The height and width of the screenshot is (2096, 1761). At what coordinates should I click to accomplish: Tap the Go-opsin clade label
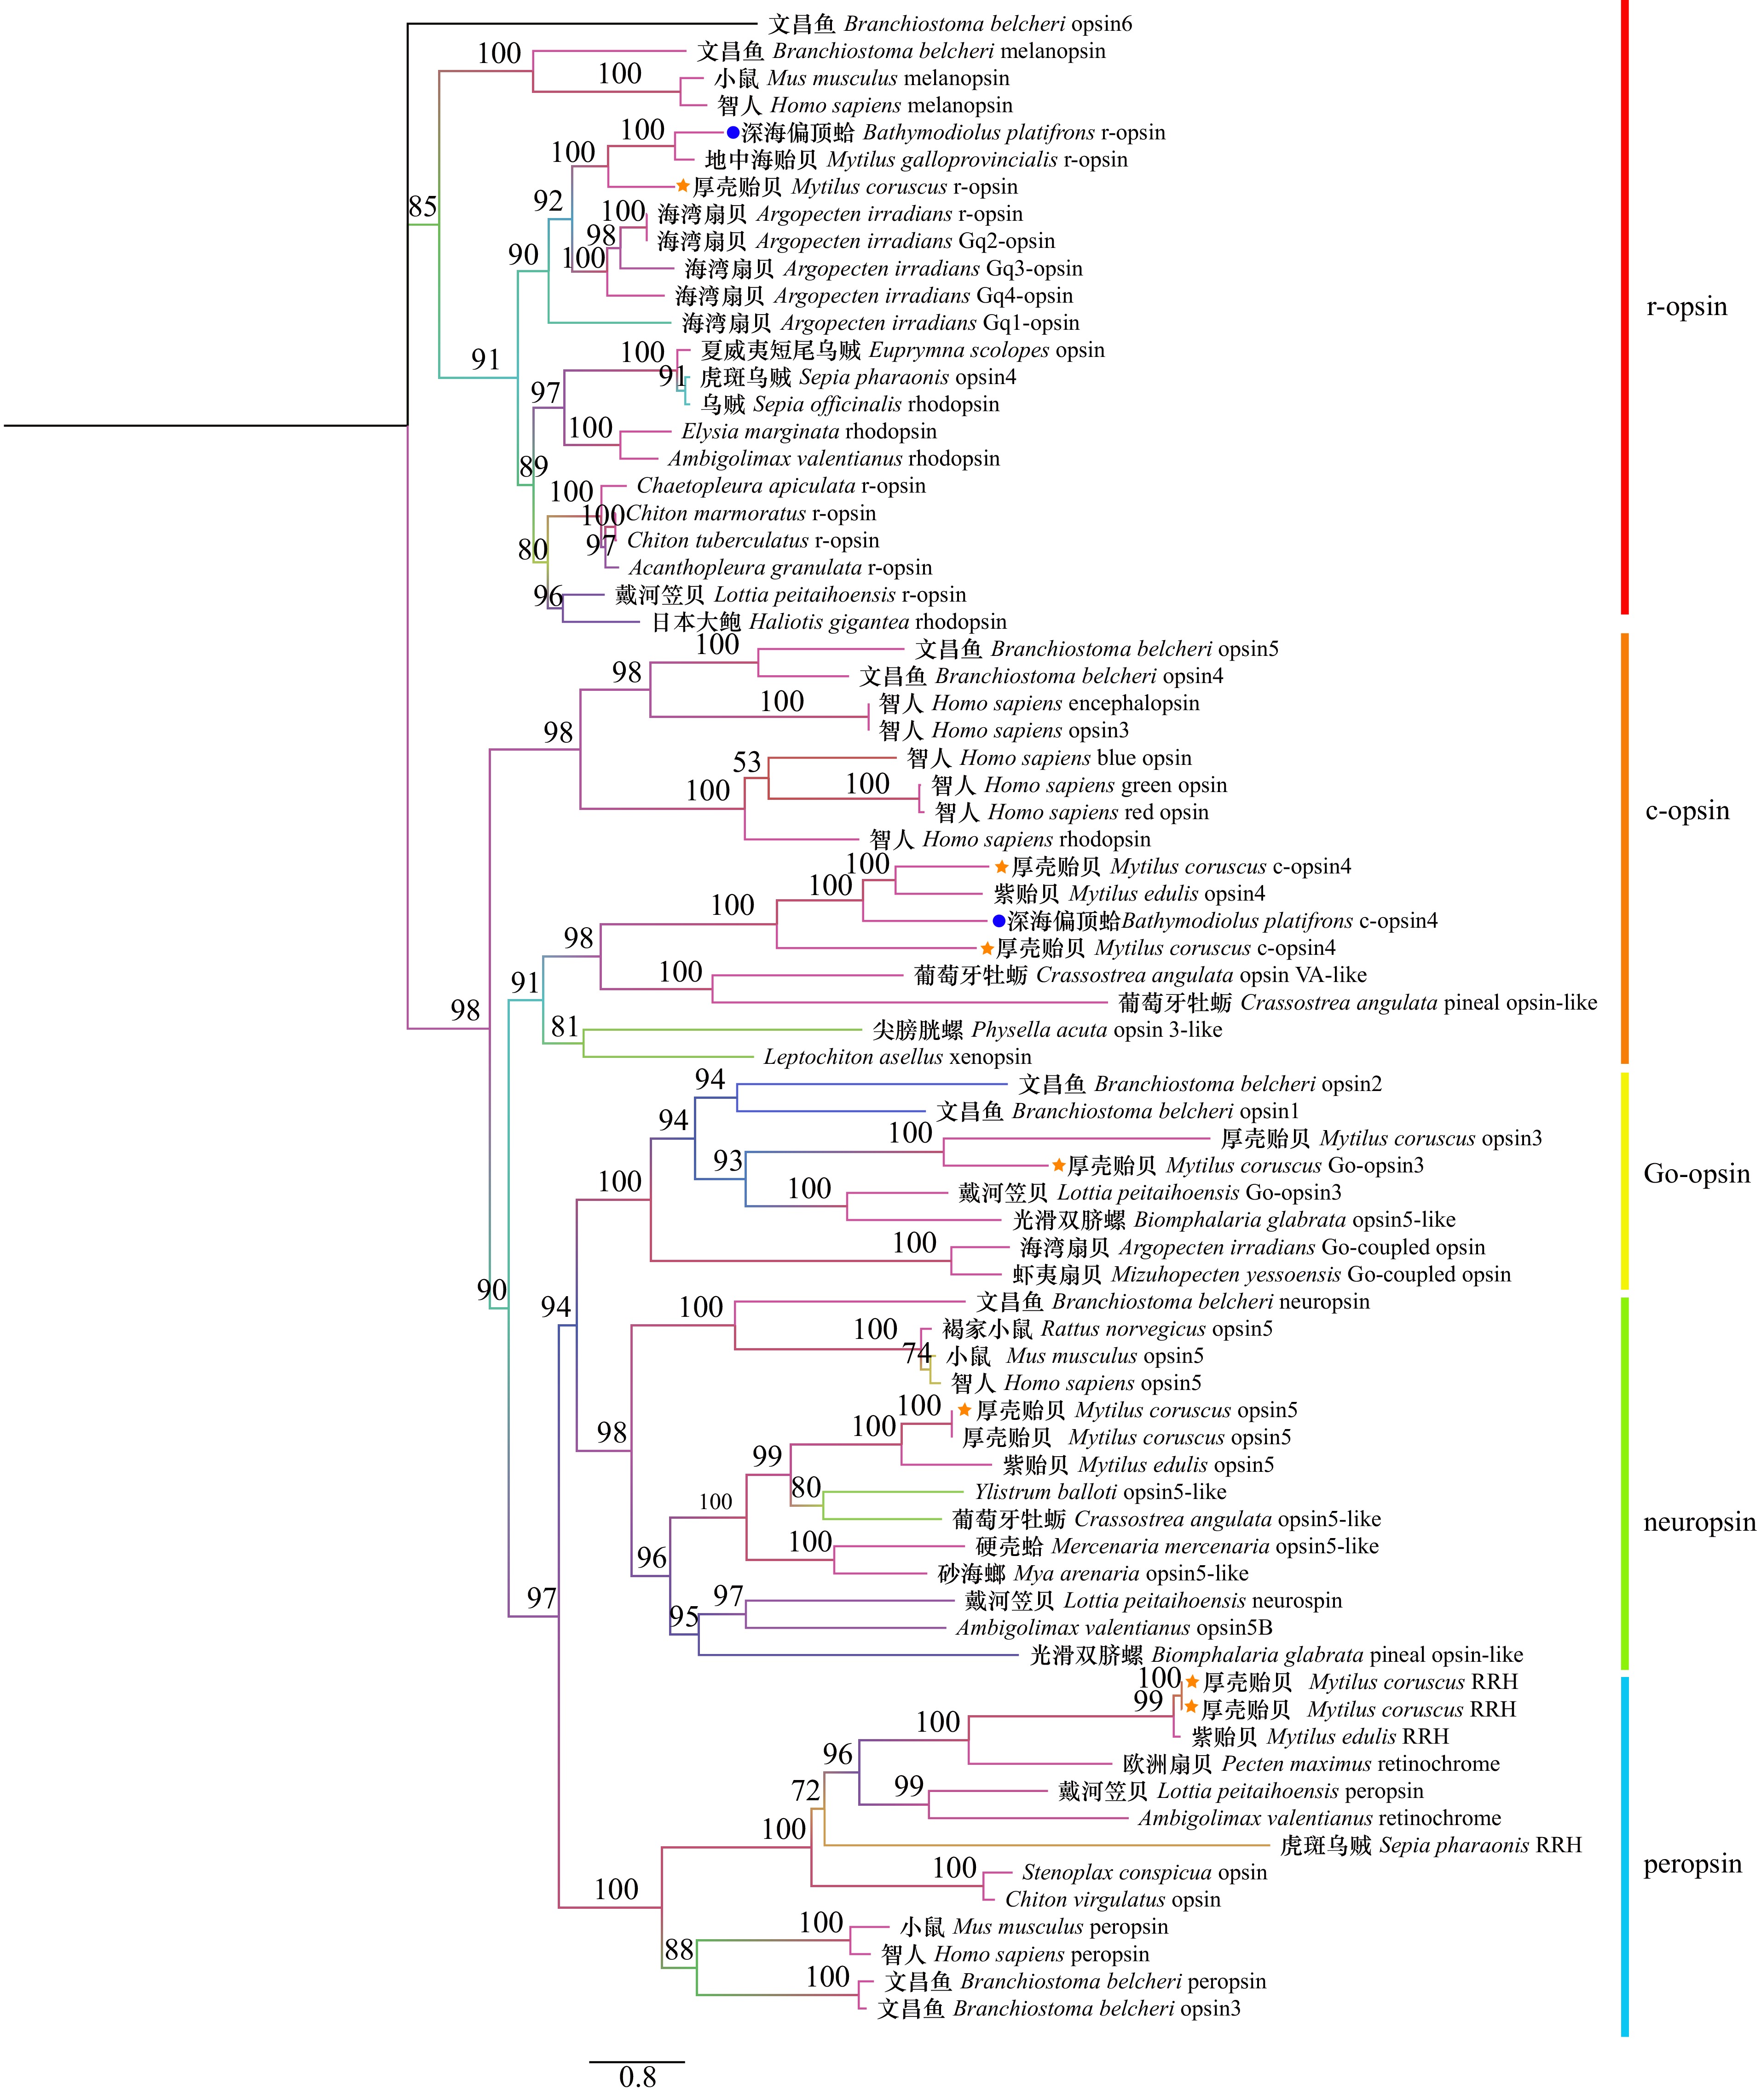[x=1696, y=1174]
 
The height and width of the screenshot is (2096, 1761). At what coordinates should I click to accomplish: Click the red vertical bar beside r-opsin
[x=1625, y=307]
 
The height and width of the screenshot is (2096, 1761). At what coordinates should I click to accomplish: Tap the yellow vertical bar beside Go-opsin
[x=1625, y=1181]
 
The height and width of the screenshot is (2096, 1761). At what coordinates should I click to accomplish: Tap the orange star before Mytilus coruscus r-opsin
[x=683, y=186]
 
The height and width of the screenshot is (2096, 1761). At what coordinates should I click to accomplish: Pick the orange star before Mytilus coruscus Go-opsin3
[x=1058, y=1165]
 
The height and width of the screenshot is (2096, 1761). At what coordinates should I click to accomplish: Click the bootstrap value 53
[x=747, y=763]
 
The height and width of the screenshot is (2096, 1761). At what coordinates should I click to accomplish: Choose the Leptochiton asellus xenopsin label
[x=897, y=1057]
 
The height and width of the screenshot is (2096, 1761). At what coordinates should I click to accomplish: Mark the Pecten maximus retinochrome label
[x=1312, y=1763]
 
